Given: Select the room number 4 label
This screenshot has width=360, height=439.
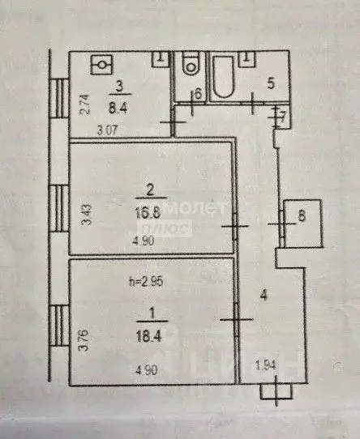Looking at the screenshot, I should tap(264, 296).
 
